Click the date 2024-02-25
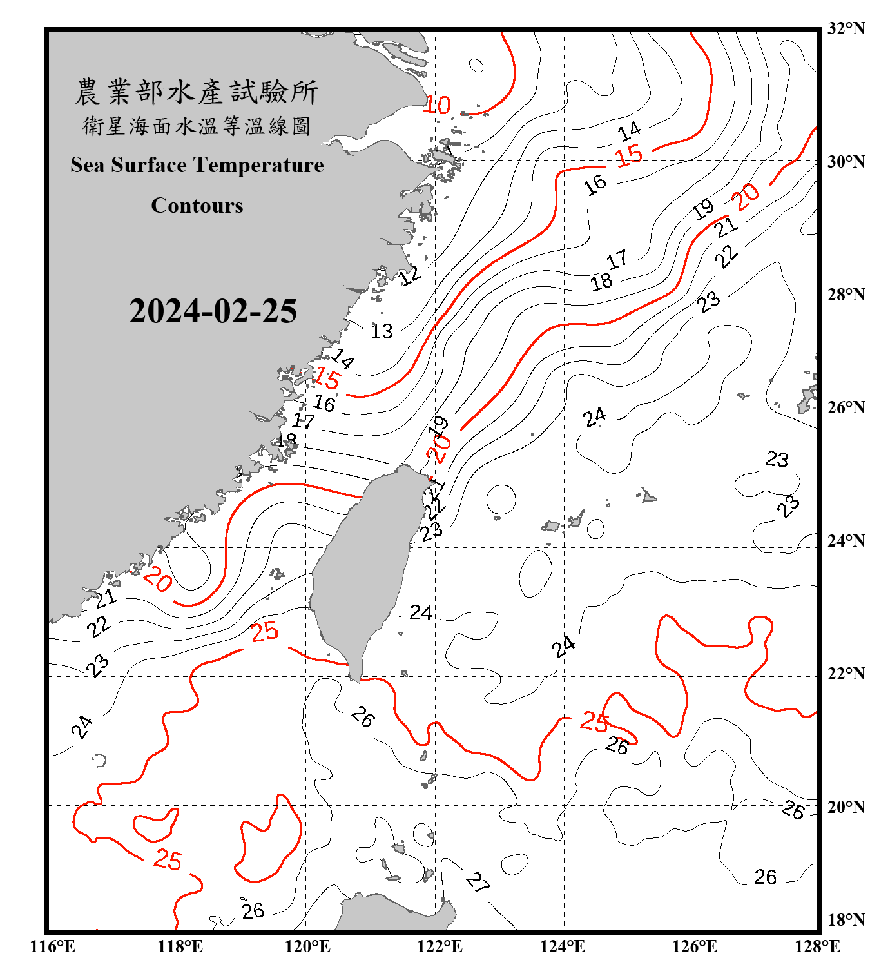coord(213,311)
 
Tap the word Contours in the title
coord(197,206)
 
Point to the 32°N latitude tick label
coord(846,28)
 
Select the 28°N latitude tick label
coord(846,294)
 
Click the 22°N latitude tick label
coord(846,674)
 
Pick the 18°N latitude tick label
coord(846,920)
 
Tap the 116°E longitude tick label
coord(52,946)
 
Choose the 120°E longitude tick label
coord(307,946)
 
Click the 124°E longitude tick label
coord(563,946)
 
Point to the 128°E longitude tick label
coord(817,946)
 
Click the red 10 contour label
coord(437,105)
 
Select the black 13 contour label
coord(382,331)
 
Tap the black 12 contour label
coord(410,276)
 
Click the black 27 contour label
coord(478,881)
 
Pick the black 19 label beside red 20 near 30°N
coord(703,209)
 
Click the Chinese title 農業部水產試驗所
coord(197,92)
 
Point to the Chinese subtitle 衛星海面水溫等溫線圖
coord(197,126)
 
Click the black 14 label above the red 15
coord(629,132)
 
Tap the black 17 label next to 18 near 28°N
coord(617,260)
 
